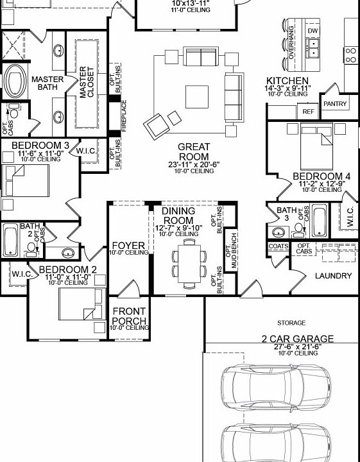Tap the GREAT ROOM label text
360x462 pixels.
click(x=193, y=151)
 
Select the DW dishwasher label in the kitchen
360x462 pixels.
click(x=313, y=31)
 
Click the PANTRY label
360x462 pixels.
click(x=334, y=104)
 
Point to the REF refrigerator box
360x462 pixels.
click(x=308, y=111)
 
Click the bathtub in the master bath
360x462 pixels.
click(x=13, y=81)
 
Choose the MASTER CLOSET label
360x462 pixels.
click(x=87, y=82)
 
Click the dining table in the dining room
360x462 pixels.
click(x=188, y=262)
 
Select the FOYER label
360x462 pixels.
click(x=128, y=246)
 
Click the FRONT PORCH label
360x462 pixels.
click(x=129, y=316)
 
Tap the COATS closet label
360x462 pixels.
click(x=278, y=246)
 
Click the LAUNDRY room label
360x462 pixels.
click(x=333, y=276)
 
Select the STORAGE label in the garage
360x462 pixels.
click(x=291, y=323)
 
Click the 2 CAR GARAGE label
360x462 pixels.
click(x=297, y=338)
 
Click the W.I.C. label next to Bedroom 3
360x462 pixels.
click(x=86, y=151)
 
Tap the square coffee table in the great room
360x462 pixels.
click(x=196, y=97)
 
